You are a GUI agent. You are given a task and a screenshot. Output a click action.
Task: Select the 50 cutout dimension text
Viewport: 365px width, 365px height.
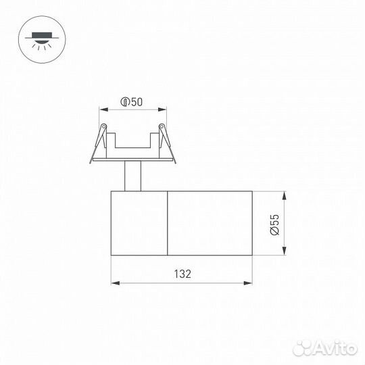click(x=137, y=102)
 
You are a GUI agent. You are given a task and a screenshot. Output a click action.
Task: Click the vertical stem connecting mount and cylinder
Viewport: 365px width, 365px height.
click(x=132, y=178)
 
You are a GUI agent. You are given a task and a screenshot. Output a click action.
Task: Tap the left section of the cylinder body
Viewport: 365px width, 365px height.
click(x=139, y=224)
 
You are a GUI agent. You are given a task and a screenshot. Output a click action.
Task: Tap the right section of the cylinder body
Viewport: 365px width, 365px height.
click(x=210, y=224)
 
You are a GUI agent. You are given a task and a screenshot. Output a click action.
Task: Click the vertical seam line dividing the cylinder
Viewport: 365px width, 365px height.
click(x=167, y=224)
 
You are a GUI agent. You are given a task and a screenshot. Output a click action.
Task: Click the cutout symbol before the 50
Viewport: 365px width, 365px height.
click(x=124, y=102)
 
